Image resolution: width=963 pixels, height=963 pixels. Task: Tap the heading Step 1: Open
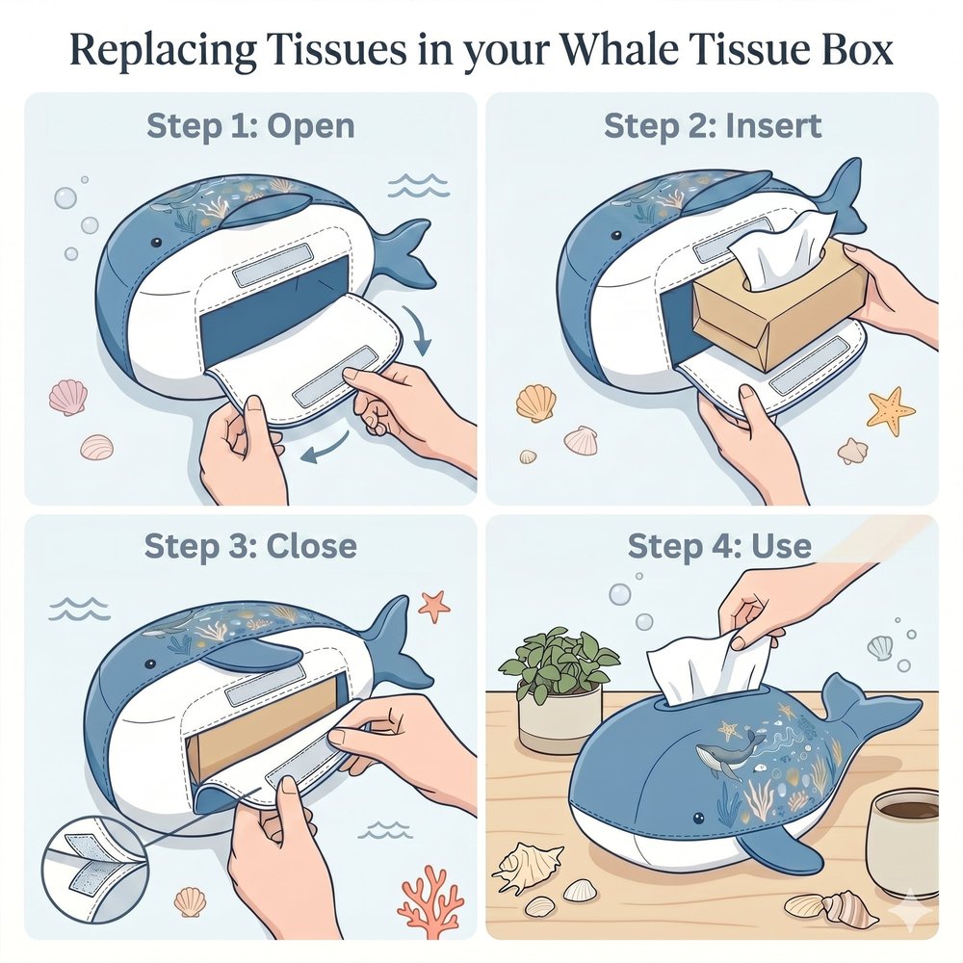pyautogui.click(x=250, y=127)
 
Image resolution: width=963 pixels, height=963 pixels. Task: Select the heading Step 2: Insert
pyautogui.click(x=713, y=126)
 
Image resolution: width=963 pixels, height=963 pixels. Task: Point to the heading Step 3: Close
pyautogui.click(x=250, y=545)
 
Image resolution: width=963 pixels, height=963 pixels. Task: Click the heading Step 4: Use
pyautogui.click(x=719, y=545)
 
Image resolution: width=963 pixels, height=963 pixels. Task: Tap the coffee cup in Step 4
pyautogui.click(x=904, y=841)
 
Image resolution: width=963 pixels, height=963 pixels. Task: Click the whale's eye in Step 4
pyautogui.click(x=698, y=818)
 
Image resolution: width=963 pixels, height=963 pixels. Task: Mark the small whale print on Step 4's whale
pyautogui.click(x=726, y=752)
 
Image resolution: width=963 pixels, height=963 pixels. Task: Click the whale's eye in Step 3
pyautogui.click(x=148, y=664)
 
